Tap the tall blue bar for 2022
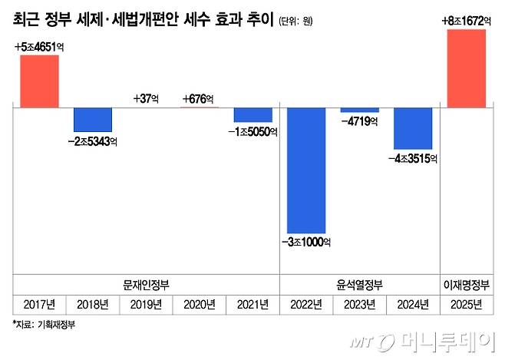click(306, 170)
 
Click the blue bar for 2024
click(413, 128)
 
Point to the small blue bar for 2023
click(359, 111)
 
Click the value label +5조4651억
click(38, 48)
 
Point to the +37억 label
click(146, 99)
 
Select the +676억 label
click(199, 99)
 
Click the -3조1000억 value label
click(306, 243)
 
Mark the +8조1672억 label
click(467, 20)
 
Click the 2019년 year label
click(146, 306)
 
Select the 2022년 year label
click(306, 306)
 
